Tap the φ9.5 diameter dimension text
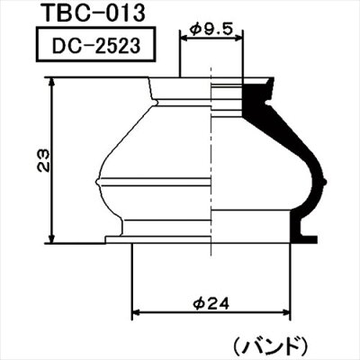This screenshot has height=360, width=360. (x=212, y=29)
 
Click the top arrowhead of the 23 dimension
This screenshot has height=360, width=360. (x=57, y=80)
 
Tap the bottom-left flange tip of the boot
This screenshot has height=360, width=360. (x=109, y=238)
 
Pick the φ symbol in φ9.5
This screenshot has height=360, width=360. (x=195, y=29)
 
